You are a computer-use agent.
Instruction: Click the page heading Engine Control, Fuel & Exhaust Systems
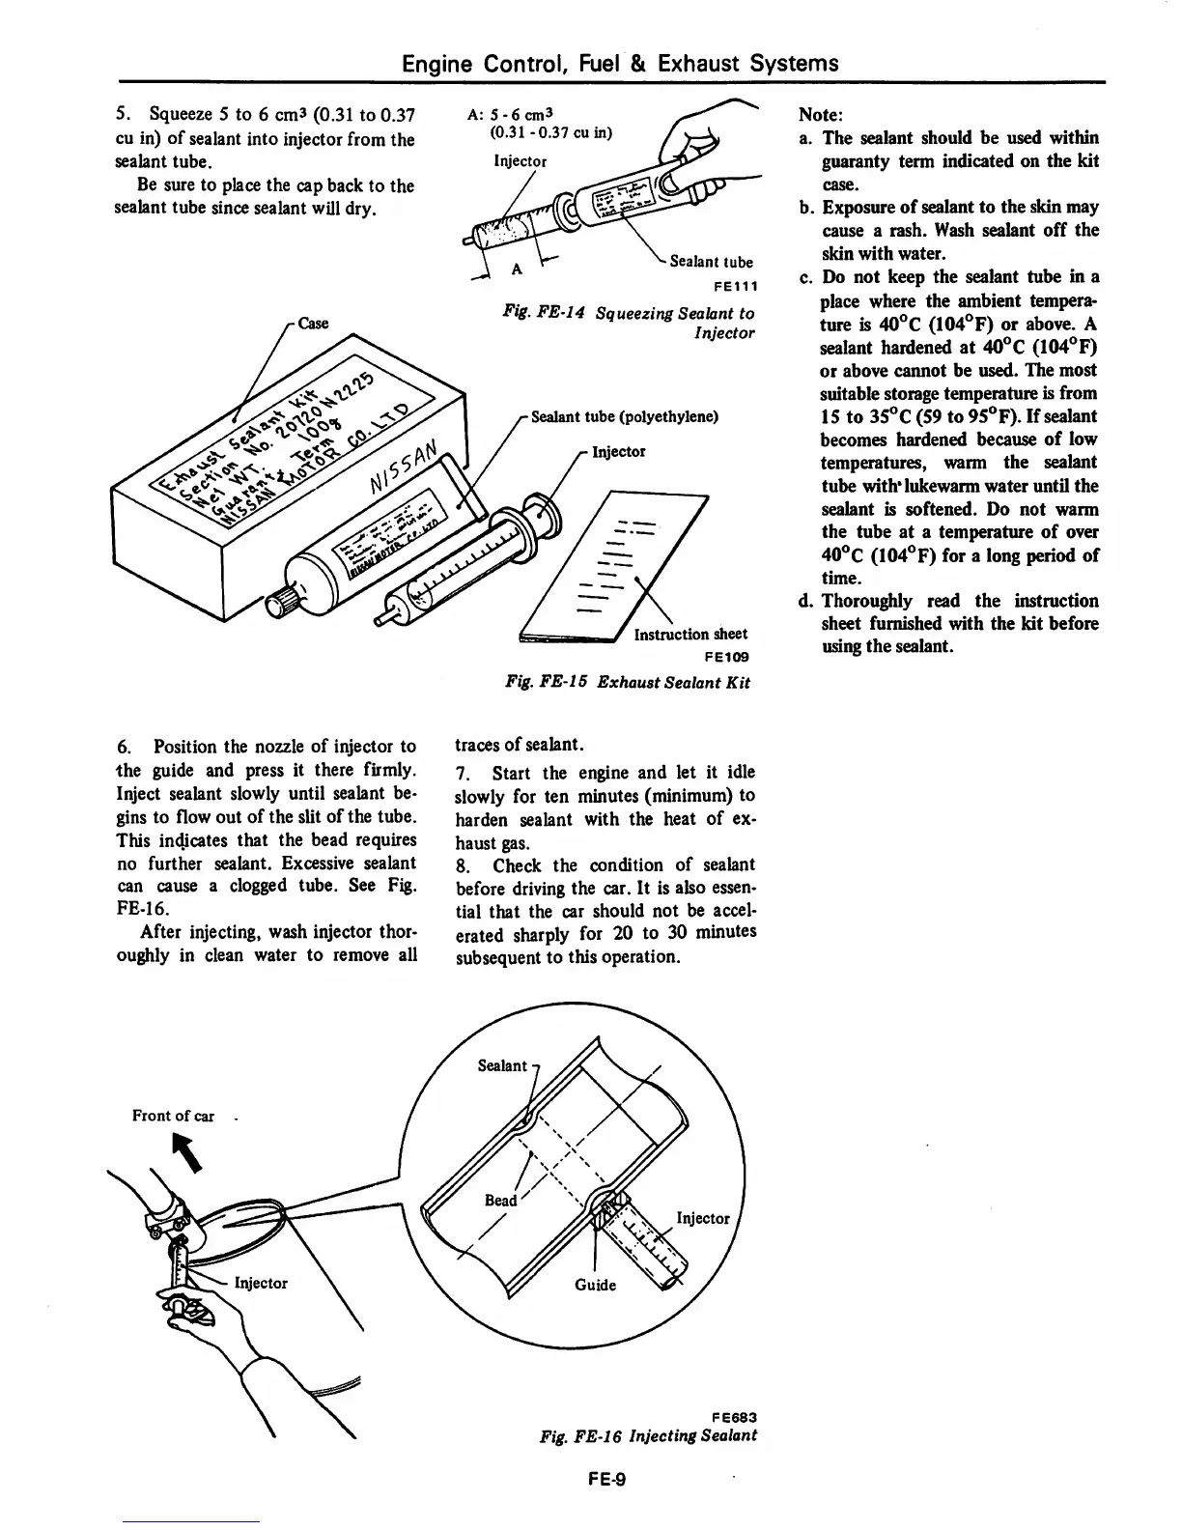620,64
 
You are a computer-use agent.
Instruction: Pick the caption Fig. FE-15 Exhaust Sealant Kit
628,682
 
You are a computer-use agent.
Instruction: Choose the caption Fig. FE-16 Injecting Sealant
648,1435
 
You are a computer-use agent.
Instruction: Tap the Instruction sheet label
690,634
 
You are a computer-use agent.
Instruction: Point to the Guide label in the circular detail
595,1285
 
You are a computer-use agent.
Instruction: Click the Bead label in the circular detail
500,1200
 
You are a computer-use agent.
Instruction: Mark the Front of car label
173,1116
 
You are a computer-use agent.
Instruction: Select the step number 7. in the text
462,774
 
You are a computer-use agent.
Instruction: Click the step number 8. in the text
462,866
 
